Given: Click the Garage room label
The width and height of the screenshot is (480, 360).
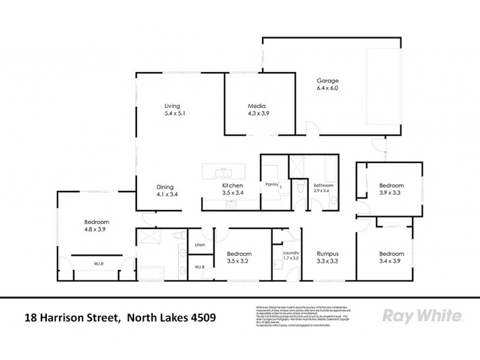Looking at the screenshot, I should pos(328,81).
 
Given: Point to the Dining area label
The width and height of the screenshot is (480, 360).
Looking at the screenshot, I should pos(165,187).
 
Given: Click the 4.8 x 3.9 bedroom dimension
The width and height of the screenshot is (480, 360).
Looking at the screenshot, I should pos(95,229).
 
